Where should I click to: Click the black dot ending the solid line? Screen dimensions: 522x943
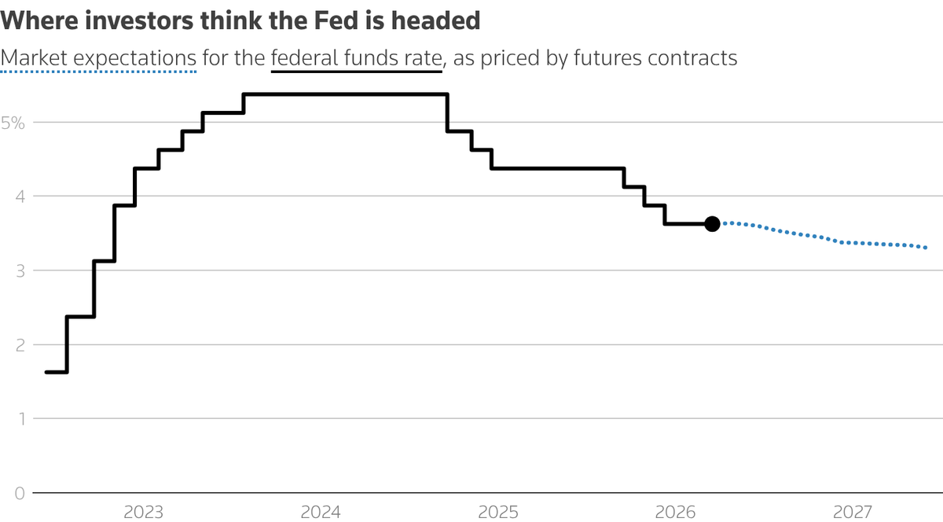point(712,224)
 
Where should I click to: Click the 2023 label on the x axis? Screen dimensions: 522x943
point(144,513)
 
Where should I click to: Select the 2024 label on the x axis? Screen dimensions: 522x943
point(321,513)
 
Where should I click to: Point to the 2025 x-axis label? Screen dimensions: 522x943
point(497,513)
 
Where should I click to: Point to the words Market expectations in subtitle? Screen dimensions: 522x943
point(98,58)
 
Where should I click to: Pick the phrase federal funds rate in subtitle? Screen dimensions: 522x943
point(356,58)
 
